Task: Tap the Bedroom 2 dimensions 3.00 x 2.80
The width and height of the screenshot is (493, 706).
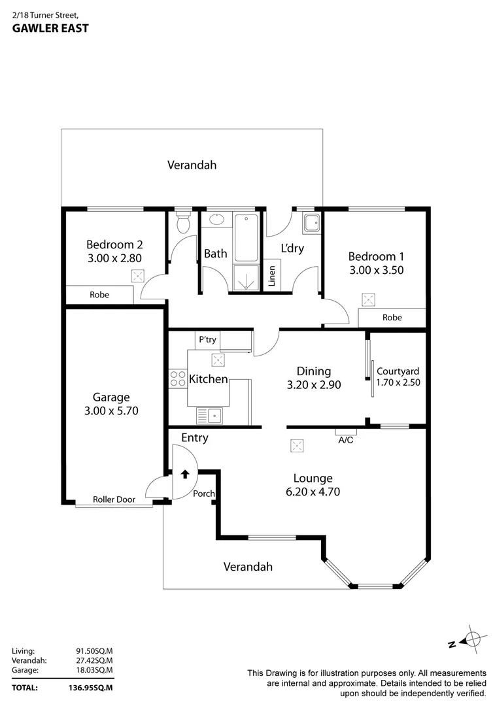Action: tap(114, 258)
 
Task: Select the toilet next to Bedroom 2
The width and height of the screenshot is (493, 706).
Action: tap(184, 222)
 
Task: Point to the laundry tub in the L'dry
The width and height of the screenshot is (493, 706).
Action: tap(311, 224)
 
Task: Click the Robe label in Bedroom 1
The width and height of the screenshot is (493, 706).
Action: tap(392, 318)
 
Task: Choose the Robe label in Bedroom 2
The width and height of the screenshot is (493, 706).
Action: tap(99, 295)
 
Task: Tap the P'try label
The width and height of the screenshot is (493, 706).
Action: tap(207, 340)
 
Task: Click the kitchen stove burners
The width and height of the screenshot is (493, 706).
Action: tap(178, 378)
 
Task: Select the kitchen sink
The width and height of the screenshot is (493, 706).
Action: tap(210, 414)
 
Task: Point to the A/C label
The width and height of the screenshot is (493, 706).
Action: tap(346, 440)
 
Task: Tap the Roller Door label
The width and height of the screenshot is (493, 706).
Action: tap(114, 499)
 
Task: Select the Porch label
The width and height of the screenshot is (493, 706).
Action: tap(204, 494)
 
